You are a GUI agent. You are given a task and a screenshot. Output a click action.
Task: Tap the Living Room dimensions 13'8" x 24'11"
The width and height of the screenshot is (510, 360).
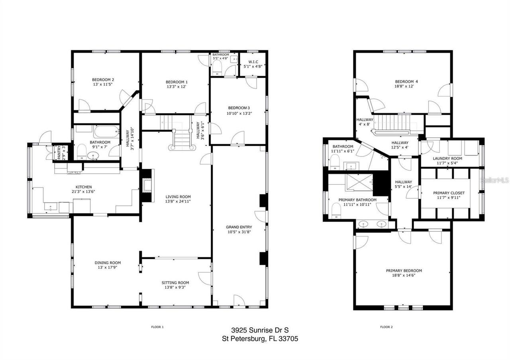(x=178, y=202)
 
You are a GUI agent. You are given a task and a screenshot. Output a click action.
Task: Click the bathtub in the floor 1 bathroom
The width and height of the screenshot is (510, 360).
(x=106, y=131)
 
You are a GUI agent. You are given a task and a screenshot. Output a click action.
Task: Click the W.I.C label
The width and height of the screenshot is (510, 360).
(x=253, y=62)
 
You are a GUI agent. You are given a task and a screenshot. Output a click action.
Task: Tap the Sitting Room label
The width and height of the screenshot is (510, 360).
(x=177, y=282)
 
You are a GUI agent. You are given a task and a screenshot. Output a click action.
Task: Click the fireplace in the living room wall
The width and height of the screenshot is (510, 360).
(x=147, y=186)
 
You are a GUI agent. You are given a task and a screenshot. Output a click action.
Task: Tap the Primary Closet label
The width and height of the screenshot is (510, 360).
(x=449, y=193)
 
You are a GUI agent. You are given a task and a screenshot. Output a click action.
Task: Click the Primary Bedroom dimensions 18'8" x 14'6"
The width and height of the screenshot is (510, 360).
(x=404, y=276)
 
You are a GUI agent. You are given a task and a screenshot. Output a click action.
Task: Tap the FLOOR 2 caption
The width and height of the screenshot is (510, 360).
(x=386, y=327)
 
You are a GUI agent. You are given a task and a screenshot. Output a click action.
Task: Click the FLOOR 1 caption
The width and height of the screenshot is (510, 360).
(x=157, y=327)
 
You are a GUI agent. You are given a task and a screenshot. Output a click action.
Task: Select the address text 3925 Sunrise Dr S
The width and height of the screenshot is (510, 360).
(x=259, y=330)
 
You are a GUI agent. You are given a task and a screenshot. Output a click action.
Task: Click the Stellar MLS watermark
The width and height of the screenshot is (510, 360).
(x=494, y=180)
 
